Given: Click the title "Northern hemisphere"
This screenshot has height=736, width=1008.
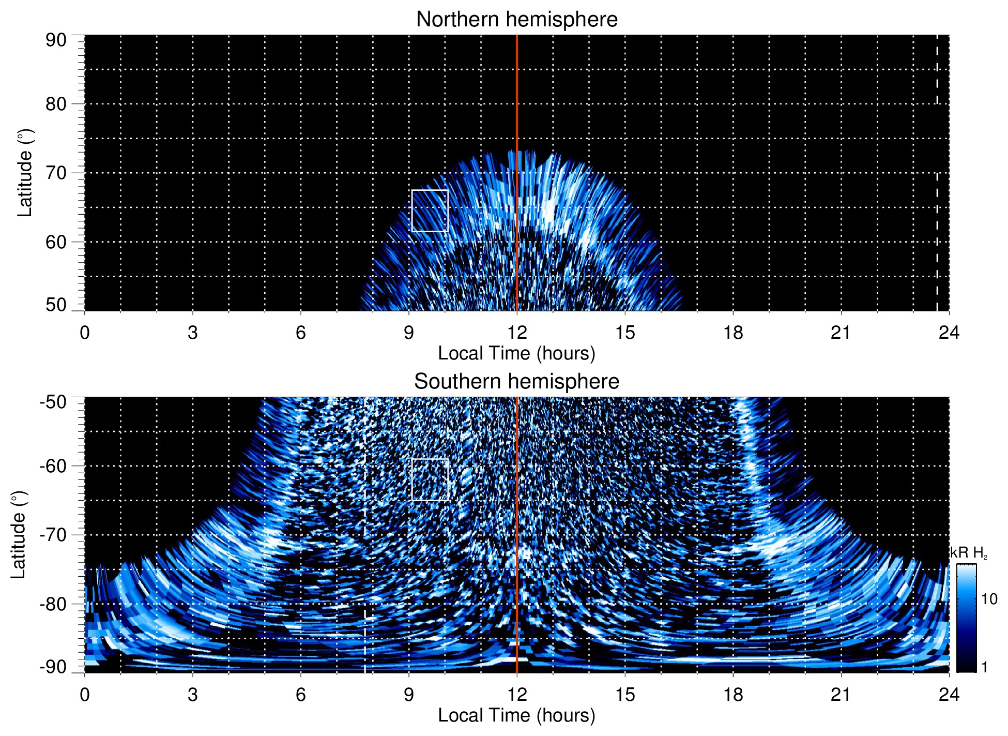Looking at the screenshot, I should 516,20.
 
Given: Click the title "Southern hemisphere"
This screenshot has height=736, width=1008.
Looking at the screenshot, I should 516,382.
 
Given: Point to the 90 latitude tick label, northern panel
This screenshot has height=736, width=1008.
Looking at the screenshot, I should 56,40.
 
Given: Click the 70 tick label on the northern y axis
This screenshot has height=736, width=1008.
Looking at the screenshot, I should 56,173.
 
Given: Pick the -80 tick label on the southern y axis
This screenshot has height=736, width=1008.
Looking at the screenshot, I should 53,604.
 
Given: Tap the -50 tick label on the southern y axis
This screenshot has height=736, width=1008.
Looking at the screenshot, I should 53,402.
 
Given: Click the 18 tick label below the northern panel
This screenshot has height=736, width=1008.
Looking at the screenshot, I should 733,333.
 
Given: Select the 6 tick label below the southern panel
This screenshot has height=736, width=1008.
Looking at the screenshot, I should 301,695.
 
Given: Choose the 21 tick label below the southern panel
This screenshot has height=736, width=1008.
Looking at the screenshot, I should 841,695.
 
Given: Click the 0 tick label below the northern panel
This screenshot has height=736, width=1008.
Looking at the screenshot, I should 85,333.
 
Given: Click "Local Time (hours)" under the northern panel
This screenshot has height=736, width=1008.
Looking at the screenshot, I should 516,354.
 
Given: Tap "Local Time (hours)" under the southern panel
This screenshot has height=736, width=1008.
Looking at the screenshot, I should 516,716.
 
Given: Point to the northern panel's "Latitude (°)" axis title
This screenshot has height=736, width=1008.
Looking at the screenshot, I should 25,173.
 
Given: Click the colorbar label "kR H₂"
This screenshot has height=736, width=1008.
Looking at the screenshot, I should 969,553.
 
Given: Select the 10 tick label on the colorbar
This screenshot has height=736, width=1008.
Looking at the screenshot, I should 989,599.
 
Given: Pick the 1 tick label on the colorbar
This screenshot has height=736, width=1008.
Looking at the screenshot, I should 984,667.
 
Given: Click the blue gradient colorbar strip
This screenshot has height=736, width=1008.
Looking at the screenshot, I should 966,618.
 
